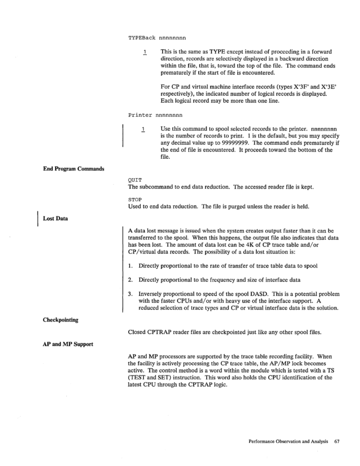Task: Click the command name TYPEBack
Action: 142,38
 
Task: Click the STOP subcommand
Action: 134,199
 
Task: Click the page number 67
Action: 338,441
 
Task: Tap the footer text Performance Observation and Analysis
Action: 288,441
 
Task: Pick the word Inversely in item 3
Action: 151,294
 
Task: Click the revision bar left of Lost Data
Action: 39,219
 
